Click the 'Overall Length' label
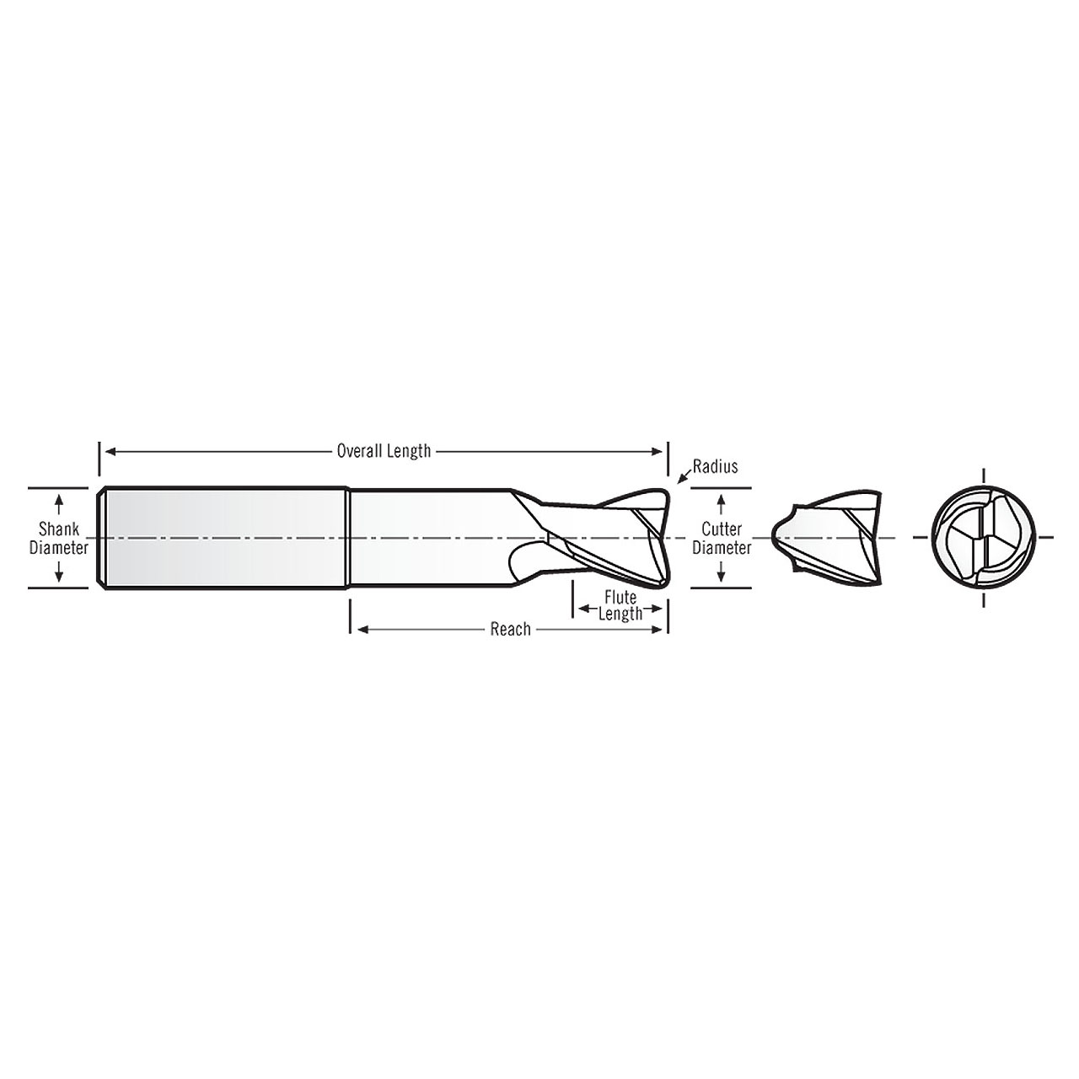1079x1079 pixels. click(x=384, y=451)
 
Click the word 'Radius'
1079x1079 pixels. click(x=715, y=466)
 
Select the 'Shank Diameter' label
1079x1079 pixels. click(x=59, y=538)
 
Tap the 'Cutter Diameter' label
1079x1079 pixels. click(x=722, y=538)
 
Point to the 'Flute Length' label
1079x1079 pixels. click(x=620, y=605)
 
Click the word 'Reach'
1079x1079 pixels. click(x=510, y=629)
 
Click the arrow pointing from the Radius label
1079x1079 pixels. click(x=683, y=479)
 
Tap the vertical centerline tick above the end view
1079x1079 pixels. click(x=983, y=477)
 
